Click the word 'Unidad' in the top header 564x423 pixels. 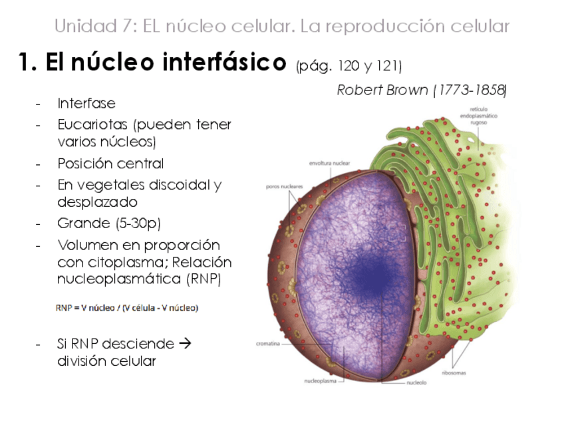coord(78,27)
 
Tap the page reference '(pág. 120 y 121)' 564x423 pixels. coord(349,66)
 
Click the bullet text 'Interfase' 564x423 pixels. coord(86,104)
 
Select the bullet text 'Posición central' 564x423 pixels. coord(110,164)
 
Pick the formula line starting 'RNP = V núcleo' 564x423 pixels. coord(126,308)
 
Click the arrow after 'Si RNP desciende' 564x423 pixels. coord(186,344)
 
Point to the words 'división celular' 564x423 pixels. coord(106,362)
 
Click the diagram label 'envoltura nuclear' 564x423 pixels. coord(329,162)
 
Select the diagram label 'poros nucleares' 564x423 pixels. coord(284,187)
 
